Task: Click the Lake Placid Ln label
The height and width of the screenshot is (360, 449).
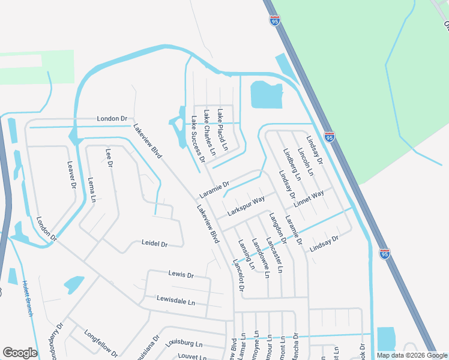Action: click(223, 130)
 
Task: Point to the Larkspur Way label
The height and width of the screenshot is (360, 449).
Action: click(246, 205)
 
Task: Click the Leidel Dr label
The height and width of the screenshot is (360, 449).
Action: click(154, 244)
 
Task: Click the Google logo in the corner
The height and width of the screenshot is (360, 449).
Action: click(20, 352)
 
